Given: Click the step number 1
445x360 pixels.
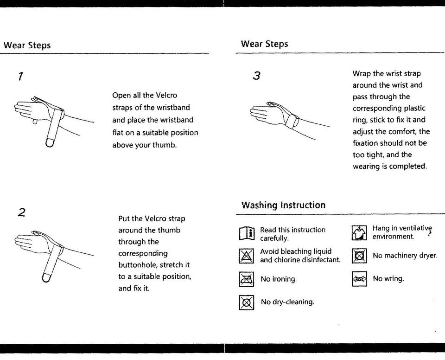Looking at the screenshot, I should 20,76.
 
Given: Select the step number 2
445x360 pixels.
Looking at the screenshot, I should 21,213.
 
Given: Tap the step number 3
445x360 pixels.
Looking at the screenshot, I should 256,76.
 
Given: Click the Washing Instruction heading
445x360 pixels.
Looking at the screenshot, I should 283,205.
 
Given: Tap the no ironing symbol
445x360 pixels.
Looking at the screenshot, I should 246,279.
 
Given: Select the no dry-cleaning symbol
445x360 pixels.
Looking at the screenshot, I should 246,302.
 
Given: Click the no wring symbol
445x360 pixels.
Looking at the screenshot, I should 359,279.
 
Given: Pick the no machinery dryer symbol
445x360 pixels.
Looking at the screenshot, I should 360,256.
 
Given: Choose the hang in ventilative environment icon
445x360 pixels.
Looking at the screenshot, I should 360,232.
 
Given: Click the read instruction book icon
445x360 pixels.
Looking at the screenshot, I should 246,233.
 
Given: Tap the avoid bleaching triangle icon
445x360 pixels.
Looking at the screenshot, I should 246,256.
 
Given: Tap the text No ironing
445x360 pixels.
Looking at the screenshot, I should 279,279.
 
